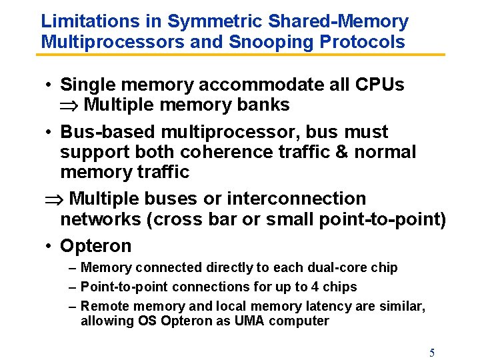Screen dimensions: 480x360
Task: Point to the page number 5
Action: coord(432,353)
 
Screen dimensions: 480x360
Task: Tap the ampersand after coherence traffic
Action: coord(341,152)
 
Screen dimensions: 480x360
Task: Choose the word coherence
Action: coord(221,152)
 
